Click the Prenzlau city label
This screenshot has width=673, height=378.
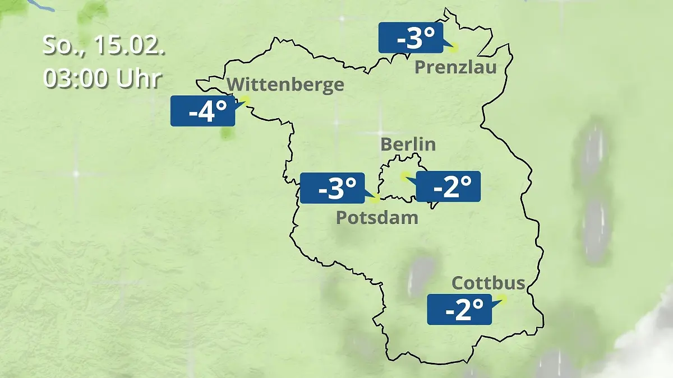(455, 68)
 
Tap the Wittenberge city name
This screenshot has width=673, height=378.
(286, 85)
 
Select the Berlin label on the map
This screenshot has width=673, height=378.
(408, 144)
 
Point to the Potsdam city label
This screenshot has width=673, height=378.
(377, 217)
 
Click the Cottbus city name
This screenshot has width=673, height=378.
(488, 283)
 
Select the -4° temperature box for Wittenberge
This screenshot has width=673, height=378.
(202, 111)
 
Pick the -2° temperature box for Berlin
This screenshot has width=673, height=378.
(448, 186)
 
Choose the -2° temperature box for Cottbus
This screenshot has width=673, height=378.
(459, 309)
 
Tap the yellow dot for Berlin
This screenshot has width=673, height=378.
(404, 176)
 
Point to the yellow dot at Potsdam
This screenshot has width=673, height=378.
(376, 198)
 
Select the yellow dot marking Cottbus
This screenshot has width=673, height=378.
(502, 300)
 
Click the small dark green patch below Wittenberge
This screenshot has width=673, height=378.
(227, 133)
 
